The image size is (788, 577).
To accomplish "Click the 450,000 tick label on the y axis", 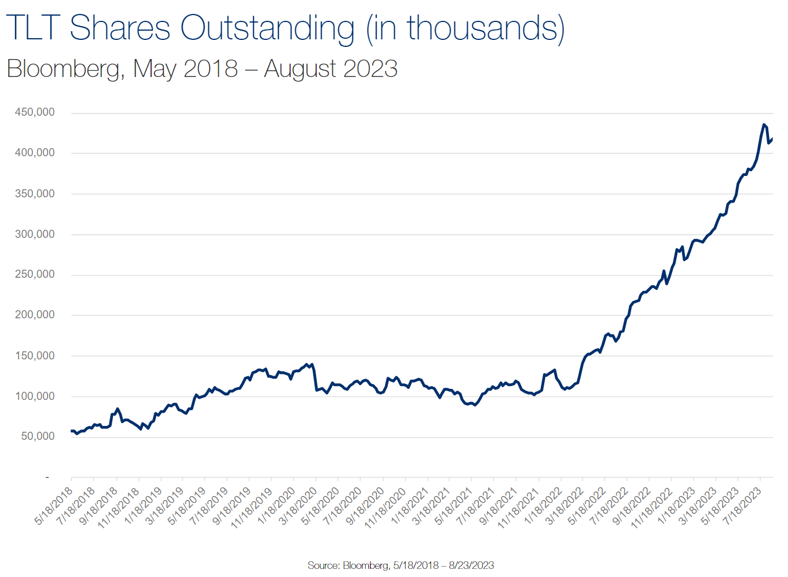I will tap(35, 112).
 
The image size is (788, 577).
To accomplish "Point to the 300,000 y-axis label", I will tap(35, 234).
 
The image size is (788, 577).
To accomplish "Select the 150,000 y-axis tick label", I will tap(35, 356).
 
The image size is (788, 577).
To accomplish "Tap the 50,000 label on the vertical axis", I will tap(38, 436).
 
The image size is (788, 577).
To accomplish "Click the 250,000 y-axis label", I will tap(35, 274).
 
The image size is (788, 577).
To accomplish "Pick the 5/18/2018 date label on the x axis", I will tap(54, 506).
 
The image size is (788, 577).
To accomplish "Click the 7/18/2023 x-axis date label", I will tap(743, 506).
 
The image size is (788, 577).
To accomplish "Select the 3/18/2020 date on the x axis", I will tap(298, 506).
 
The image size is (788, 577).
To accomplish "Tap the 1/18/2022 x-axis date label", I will tap(543, 506).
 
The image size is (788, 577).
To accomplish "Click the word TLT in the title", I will tap(33, 27).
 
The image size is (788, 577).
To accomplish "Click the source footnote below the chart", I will tap(401, 565).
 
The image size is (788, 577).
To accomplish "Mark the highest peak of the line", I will tap(764, 124).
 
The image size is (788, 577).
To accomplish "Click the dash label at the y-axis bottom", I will tap(47, 477).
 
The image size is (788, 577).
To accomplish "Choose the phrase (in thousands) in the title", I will tap(466, 27).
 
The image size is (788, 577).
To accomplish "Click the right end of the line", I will tap(772, 138).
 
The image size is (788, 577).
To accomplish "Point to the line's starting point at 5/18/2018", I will tap(71, 431).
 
